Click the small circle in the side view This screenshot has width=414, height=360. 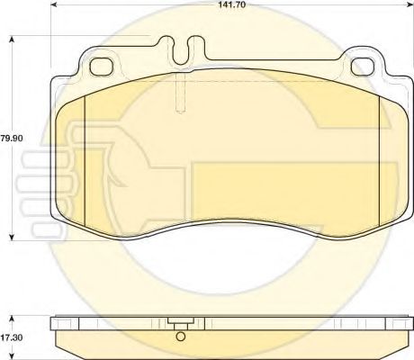click(181, 339)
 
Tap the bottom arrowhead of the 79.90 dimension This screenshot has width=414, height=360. click(12, 237)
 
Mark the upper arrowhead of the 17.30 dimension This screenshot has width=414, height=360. click(12, 318)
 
